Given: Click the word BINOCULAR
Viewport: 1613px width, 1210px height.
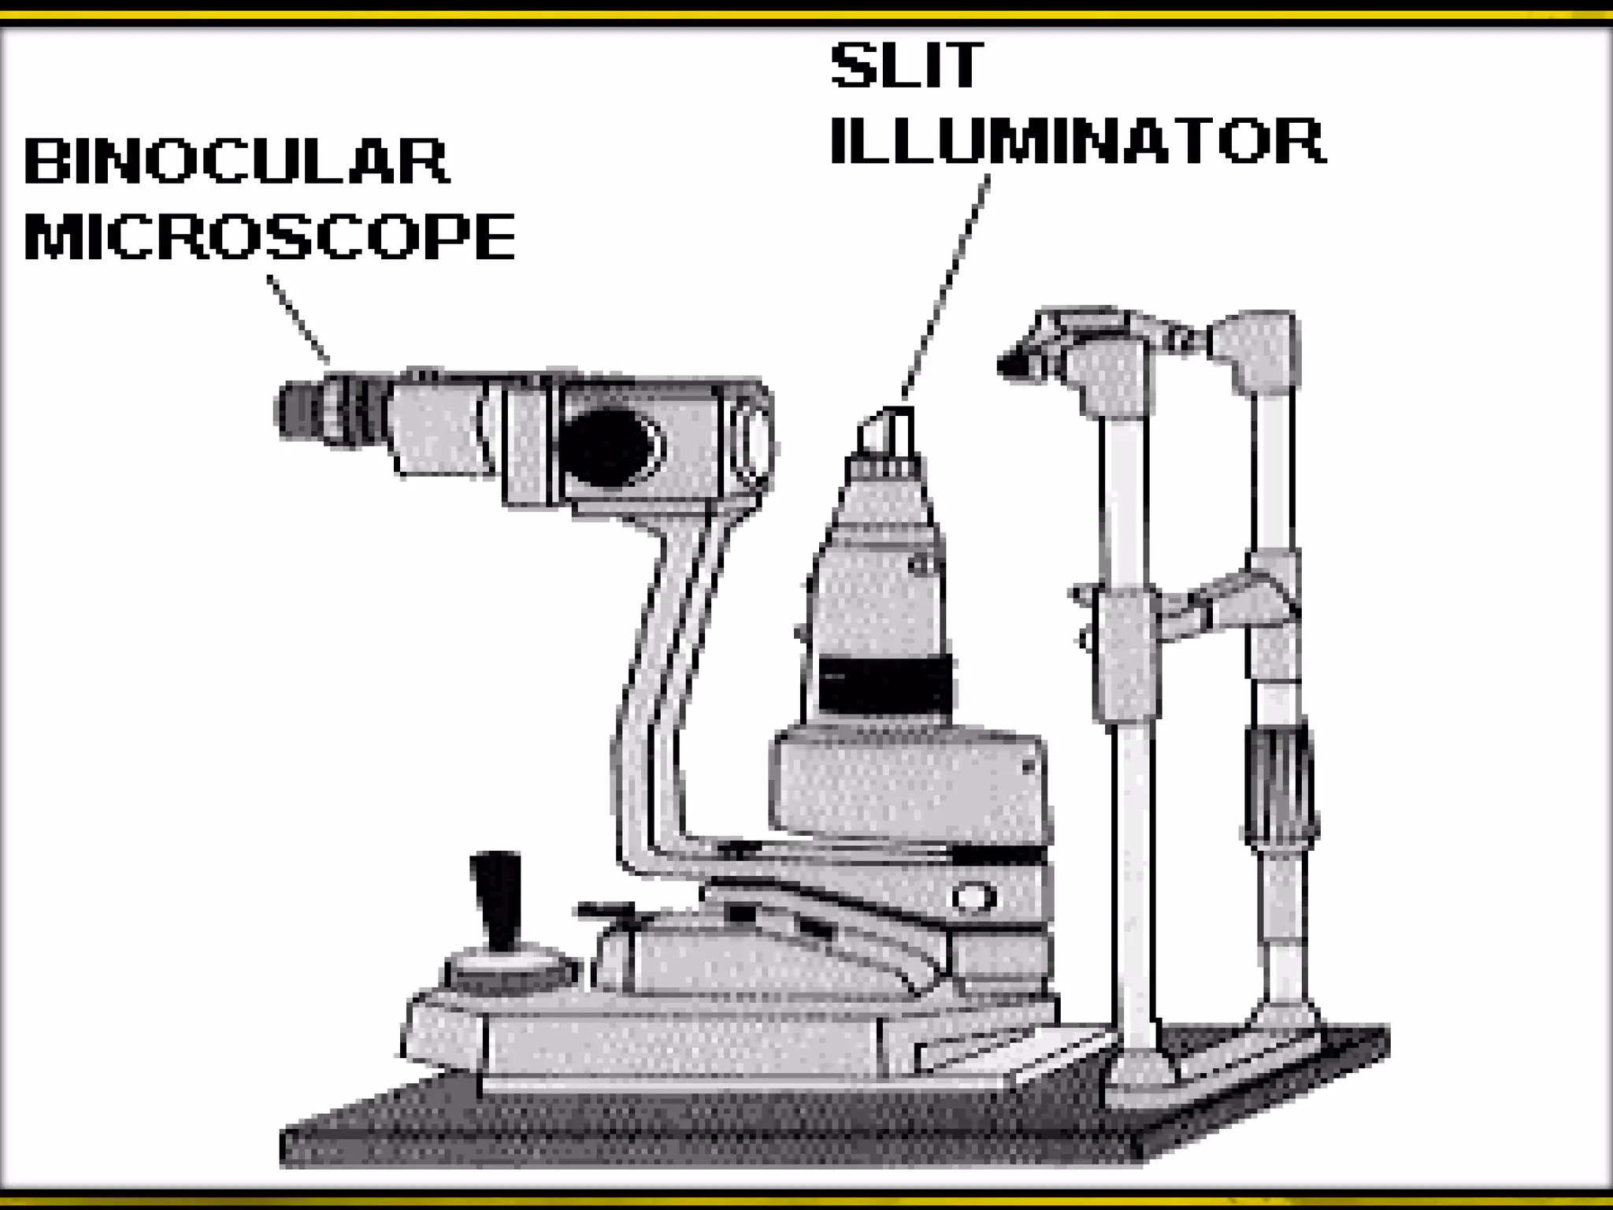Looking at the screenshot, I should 236,161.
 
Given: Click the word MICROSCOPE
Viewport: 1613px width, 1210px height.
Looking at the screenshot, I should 270,236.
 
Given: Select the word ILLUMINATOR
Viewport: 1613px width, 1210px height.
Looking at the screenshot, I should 1077,142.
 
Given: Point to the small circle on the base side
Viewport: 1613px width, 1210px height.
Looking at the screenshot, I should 972,897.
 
